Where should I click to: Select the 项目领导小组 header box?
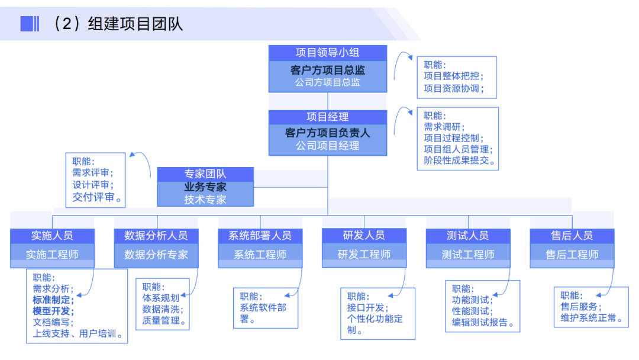327,53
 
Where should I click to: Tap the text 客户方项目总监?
327,70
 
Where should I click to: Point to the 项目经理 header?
327,117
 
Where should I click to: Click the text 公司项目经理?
327,146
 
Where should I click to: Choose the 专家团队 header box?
205,174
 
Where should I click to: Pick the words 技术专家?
205,200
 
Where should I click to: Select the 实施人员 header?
52,235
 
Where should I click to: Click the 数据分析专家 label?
156,255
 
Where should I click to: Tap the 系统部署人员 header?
260,235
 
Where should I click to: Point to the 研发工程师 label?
364,255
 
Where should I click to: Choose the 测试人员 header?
468,235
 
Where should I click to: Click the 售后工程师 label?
572,255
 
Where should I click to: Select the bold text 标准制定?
53,300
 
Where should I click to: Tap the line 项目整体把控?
453,76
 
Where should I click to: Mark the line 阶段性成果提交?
459,160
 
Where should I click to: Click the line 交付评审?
97,197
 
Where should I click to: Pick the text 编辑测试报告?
482,323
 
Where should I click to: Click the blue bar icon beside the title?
30,24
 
